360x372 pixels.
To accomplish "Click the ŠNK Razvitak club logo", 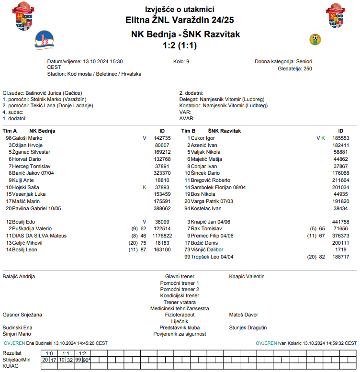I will pyautogui.click(x=315, y=39).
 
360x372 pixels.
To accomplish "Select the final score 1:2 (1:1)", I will pyautogui.click(x=180, y=45).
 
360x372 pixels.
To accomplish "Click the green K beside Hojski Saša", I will pyautogui.click(x=145, y=187).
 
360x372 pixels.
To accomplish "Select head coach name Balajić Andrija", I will pyautogui.click(x=19, y=276).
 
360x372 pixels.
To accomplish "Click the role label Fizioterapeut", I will pyautogui.click(x=180, y=315).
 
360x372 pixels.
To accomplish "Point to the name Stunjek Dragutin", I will pyautogui.click(x=248, y=327).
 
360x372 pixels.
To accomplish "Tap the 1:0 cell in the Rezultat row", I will pyautogui.click(x=49, y=353).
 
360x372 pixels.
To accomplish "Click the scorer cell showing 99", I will pyautogui.click(x=78, y=360).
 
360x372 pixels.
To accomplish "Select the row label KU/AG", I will pyautogui.click(x=10, y=366).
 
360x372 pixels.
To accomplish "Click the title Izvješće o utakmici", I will pyautogui.click(x=180, y=10).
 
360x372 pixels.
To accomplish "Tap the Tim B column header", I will pyautogui.click(x=188, y=131).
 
